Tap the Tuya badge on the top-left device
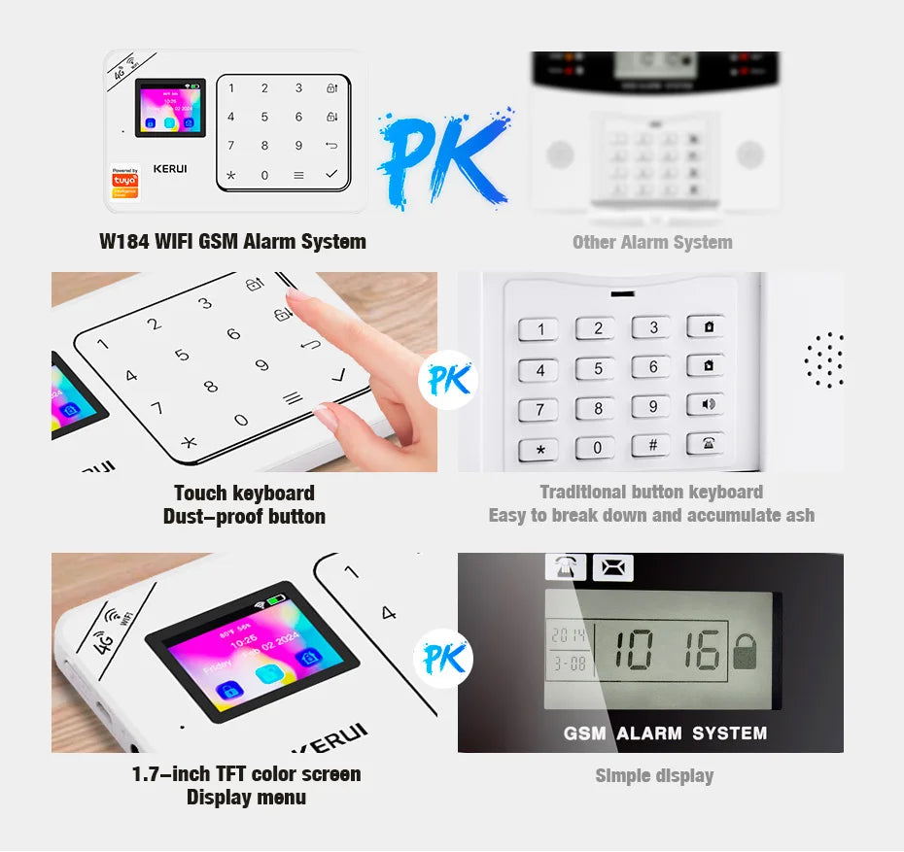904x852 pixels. point(124,182)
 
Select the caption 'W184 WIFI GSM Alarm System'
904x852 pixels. point(232,242)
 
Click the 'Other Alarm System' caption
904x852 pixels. point(651,242)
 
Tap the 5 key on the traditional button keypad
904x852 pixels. point(597,368)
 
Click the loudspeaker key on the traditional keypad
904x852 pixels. point(706,405)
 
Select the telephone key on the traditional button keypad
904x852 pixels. point(706,444)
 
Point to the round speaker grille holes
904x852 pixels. point(823,360)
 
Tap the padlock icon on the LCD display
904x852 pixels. point(745,653)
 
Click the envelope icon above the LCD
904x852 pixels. point(612,567)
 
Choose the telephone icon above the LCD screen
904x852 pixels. point(565,567)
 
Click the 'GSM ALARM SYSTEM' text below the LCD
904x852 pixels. point(665,733)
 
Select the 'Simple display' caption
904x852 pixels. point(654,775)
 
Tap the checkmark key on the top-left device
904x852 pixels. point(331,175)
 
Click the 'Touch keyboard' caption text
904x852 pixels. point(244,493)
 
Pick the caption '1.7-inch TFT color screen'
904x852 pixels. point(246,774)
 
